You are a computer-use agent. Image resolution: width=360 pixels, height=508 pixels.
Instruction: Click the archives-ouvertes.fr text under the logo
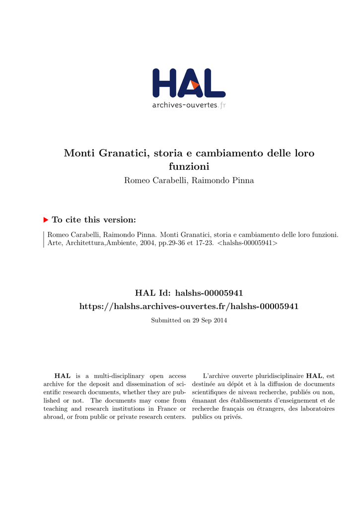pos(189,105)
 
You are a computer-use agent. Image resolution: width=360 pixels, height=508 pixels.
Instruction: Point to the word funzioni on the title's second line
pos(189,167)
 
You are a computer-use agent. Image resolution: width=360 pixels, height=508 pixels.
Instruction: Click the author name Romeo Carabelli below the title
pos(154,181)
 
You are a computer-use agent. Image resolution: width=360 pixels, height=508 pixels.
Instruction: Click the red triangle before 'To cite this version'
pos(46,219)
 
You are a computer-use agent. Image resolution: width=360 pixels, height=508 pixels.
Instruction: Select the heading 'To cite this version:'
pos(94,220)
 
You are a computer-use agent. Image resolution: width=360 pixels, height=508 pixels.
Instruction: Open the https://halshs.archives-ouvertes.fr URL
pos(189,307)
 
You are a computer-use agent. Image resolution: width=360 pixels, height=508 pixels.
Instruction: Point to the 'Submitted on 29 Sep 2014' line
pos(189,320)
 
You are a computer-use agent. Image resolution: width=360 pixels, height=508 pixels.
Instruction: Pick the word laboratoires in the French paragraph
pos(317,409)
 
